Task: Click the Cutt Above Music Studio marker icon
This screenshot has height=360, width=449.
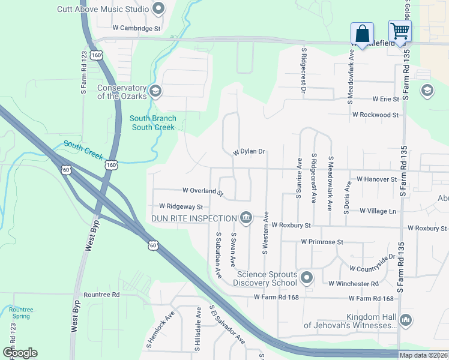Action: coord(158,8)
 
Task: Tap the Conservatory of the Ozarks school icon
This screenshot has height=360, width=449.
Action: coord(155,91)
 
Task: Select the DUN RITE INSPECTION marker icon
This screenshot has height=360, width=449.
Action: coord(246,217)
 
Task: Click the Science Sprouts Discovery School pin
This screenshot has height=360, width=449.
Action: coord(307,277)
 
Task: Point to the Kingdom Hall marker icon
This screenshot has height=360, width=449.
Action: coord(406,320)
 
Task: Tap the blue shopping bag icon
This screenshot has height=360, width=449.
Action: coord(363,32)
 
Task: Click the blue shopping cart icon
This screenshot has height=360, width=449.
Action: coord(399,30)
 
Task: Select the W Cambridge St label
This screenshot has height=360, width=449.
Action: coord(137,28)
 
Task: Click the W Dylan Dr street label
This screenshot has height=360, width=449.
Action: coord(249,152)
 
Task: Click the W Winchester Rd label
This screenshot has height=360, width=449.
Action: coord(353,283)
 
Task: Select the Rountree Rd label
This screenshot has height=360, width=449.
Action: coord(101,295)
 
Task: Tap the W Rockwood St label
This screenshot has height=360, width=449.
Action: coord(375,115)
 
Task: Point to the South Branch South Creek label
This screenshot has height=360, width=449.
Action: coord(153,123)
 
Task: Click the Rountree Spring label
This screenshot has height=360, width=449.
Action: coord(22,313)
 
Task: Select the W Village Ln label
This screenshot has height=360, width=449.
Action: coord(378,211)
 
